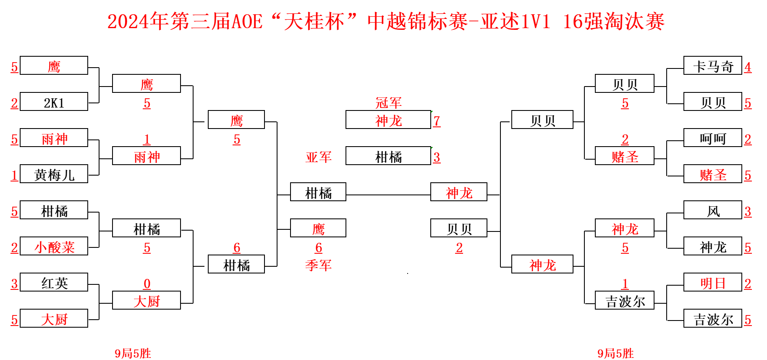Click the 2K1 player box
point(54,102)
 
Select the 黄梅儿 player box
point(54,174)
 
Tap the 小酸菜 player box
point(54,247)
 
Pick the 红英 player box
point(54,283)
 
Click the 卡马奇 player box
point(712,66)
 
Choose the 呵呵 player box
point(712,138)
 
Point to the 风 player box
point(712,210)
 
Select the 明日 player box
point(712,283)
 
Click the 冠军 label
point(388,102)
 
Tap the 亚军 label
point(319,157)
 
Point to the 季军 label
point(319,265)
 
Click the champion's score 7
point(437,121)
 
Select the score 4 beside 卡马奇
point(748,67)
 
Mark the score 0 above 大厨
point(147,284)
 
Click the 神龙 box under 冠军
point(388,120)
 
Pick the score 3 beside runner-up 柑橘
point(437,157)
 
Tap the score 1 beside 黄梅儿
point(14,175)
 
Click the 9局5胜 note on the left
point(133,353)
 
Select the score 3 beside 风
point(748,211)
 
